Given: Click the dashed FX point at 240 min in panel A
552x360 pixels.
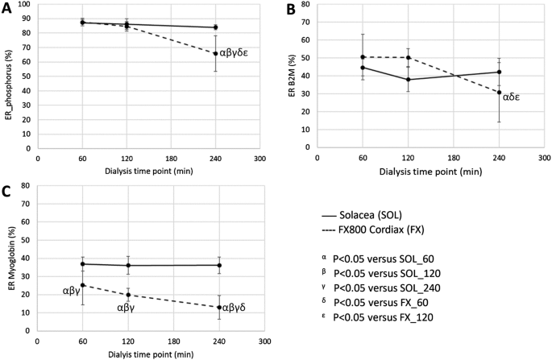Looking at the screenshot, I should pyautogui.click(x=216, y=54).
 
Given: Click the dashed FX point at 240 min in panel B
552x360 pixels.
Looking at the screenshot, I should pyautogui.click(x=500, y=93).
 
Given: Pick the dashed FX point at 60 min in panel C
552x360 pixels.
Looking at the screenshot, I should pyautogui.click(x=82, y=285).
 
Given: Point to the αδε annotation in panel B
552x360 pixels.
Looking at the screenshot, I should pyautogui.click(x=515, y=97).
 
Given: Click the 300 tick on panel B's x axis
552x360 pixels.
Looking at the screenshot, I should pyautogui.click(x=544, y=159).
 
